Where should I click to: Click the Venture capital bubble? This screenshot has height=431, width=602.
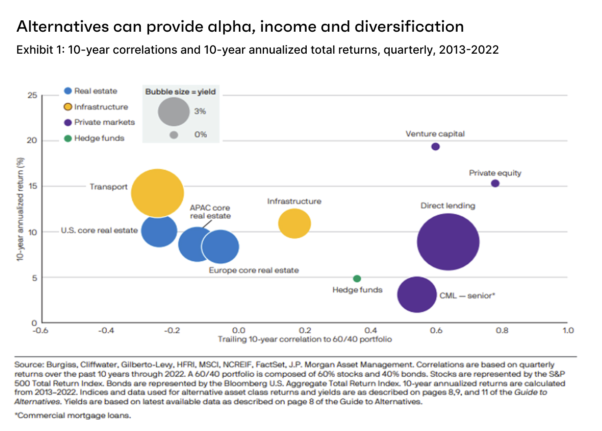click(x=435, y=146)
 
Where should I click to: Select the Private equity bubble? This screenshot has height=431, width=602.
click(x=495, y=183)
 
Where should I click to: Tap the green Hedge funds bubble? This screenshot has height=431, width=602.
click(x=357, y=279)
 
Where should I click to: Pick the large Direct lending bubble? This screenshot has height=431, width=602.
click(x=448, y=242)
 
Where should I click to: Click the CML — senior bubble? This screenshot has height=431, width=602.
click(x=417, y=295)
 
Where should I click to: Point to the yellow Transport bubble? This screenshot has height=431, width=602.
click(x=157, y=193)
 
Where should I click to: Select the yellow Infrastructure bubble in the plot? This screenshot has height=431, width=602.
click(x=294, y=223)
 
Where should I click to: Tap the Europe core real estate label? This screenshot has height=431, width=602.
click(x=254, y=270)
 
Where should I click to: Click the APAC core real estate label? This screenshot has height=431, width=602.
click(x=210, y=212)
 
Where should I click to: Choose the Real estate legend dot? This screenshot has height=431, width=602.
click(x=68, y=91)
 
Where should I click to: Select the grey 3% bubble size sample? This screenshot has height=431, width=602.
click(x=174, y=111)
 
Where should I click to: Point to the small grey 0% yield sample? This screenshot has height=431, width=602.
click(x=174, y=135)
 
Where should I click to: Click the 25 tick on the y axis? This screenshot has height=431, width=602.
click(x=32, y=96)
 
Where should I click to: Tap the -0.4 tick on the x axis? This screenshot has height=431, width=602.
click(x=106, y=330)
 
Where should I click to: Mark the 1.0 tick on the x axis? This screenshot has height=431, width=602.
click(x=568, y=330)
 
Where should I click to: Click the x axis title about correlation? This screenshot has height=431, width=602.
click(x=305, y=339)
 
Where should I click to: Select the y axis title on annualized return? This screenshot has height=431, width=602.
click(x=20, y=209)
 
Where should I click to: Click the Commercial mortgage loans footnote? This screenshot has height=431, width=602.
click(x=73, y=416)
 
